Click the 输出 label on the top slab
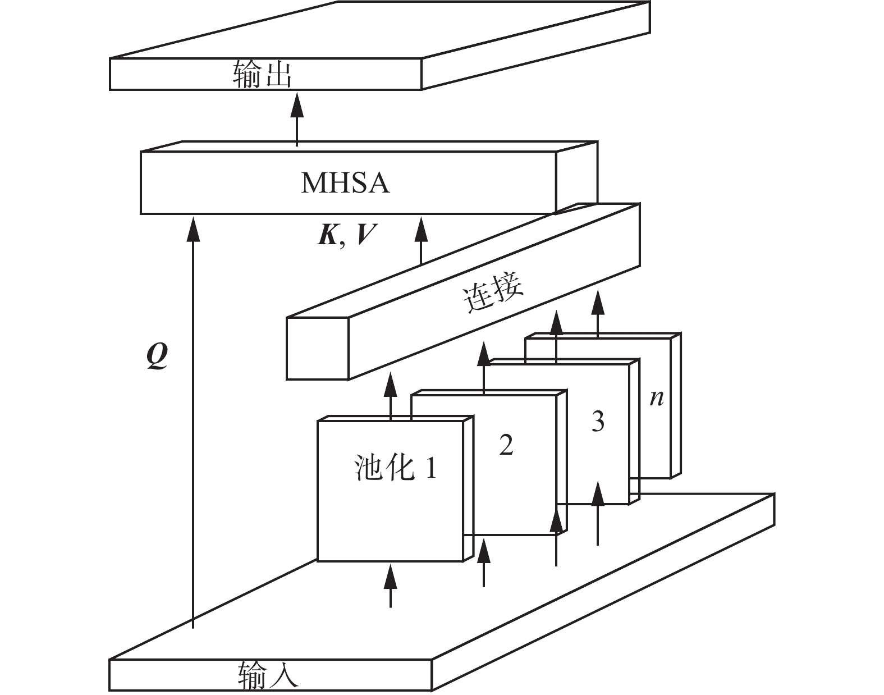(x=262, y=75)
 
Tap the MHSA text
(x=345, y=183)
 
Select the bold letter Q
(x=157, y=356)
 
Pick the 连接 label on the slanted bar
(x=493, y=292)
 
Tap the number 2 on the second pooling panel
(x=506, y=445)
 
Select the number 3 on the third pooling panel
(x=598, y=420)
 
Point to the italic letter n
(x=656, y=398)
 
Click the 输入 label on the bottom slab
(x=268, y=675)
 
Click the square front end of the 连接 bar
(x=318, y=348)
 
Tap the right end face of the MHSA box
(x=576, y=177)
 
